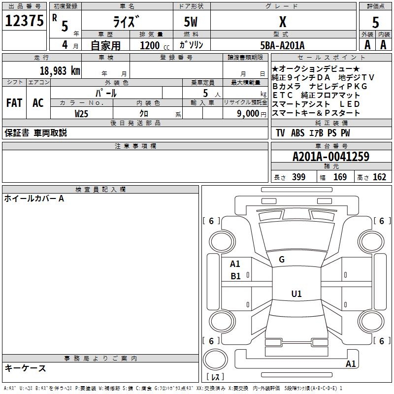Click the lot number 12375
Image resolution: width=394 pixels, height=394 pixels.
24,21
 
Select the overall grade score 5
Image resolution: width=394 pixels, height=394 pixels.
375,22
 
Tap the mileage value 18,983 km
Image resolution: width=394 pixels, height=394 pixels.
60,71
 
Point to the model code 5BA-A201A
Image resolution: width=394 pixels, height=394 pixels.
282,45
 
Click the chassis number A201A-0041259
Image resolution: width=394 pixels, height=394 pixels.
331,157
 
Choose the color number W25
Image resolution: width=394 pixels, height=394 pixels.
81,114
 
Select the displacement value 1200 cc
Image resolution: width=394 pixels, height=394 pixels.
155,45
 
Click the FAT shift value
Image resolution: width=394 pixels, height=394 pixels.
14,103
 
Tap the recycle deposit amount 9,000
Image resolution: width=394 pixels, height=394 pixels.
248,114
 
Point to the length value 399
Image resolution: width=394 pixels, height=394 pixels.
299,177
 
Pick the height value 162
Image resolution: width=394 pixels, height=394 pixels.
379,177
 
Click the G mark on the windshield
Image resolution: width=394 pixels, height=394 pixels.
282,260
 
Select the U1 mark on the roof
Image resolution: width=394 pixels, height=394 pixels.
296,294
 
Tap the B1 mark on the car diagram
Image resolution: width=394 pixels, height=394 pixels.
235,276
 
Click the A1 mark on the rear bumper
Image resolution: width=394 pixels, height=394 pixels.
351,363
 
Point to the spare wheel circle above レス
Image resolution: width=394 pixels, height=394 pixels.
215,360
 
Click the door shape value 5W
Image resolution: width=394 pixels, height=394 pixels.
191,22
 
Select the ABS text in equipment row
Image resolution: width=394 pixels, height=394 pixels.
298,133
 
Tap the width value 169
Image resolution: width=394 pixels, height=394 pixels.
340,177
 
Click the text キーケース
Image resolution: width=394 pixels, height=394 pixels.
25,368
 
